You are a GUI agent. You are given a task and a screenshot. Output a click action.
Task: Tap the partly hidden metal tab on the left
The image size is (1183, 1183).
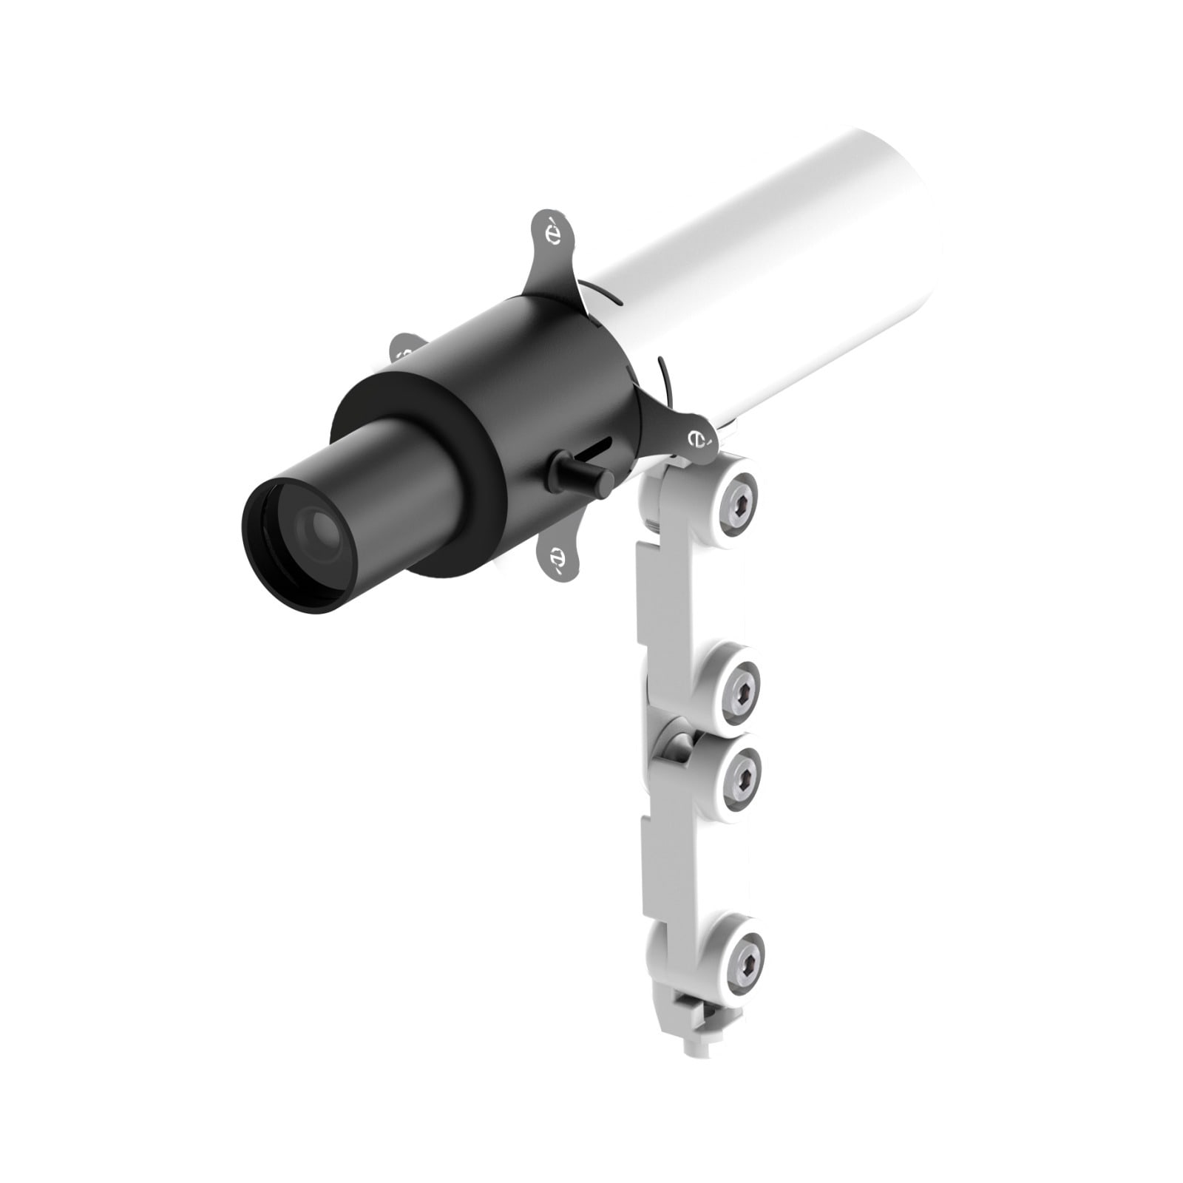pos(406,348)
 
